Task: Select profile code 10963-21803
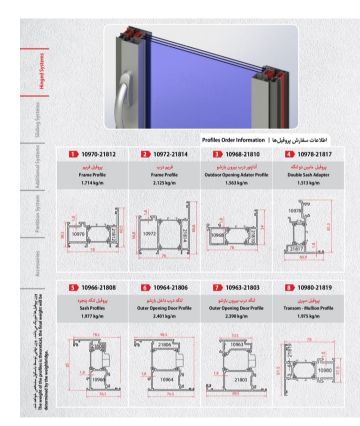240,288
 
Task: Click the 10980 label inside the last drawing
323,369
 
